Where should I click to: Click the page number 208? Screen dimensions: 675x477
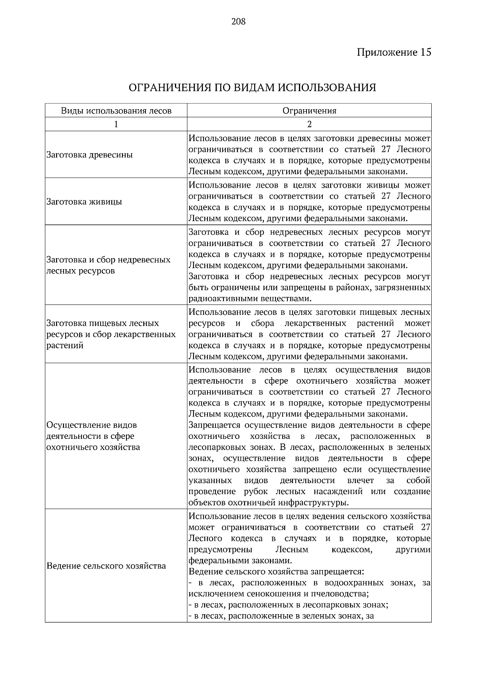tap(238, 21)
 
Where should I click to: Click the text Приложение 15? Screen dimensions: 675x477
tap(394, 52)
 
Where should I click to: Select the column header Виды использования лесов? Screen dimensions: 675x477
tap(116, 111)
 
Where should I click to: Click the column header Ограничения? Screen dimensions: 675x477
tap(309, 111)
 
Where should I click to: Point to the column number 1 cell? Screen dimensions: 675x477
tap(116, 124)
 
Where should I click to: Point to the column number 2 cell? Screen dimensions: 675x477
tap(309, 124)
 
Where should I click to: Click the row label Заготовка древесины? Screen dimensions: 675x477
tap(90, 155)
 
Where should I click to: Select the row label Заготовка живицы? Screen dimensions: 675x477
tap(84, 201)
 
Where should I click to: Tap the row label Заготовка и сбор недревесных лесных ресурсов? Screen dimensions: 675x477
tap(108, 265)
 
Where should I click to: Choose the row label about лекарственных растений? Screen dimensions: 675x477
tap(111, 334)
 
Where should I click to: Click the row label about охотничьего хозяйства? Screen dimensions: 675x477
tap(93, 436)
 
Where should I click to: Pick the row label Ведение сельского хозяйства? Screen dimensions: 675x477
tap(106, 565)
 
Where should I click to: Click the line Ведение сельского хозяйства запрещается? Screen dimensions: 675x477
tap(276, 572)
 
